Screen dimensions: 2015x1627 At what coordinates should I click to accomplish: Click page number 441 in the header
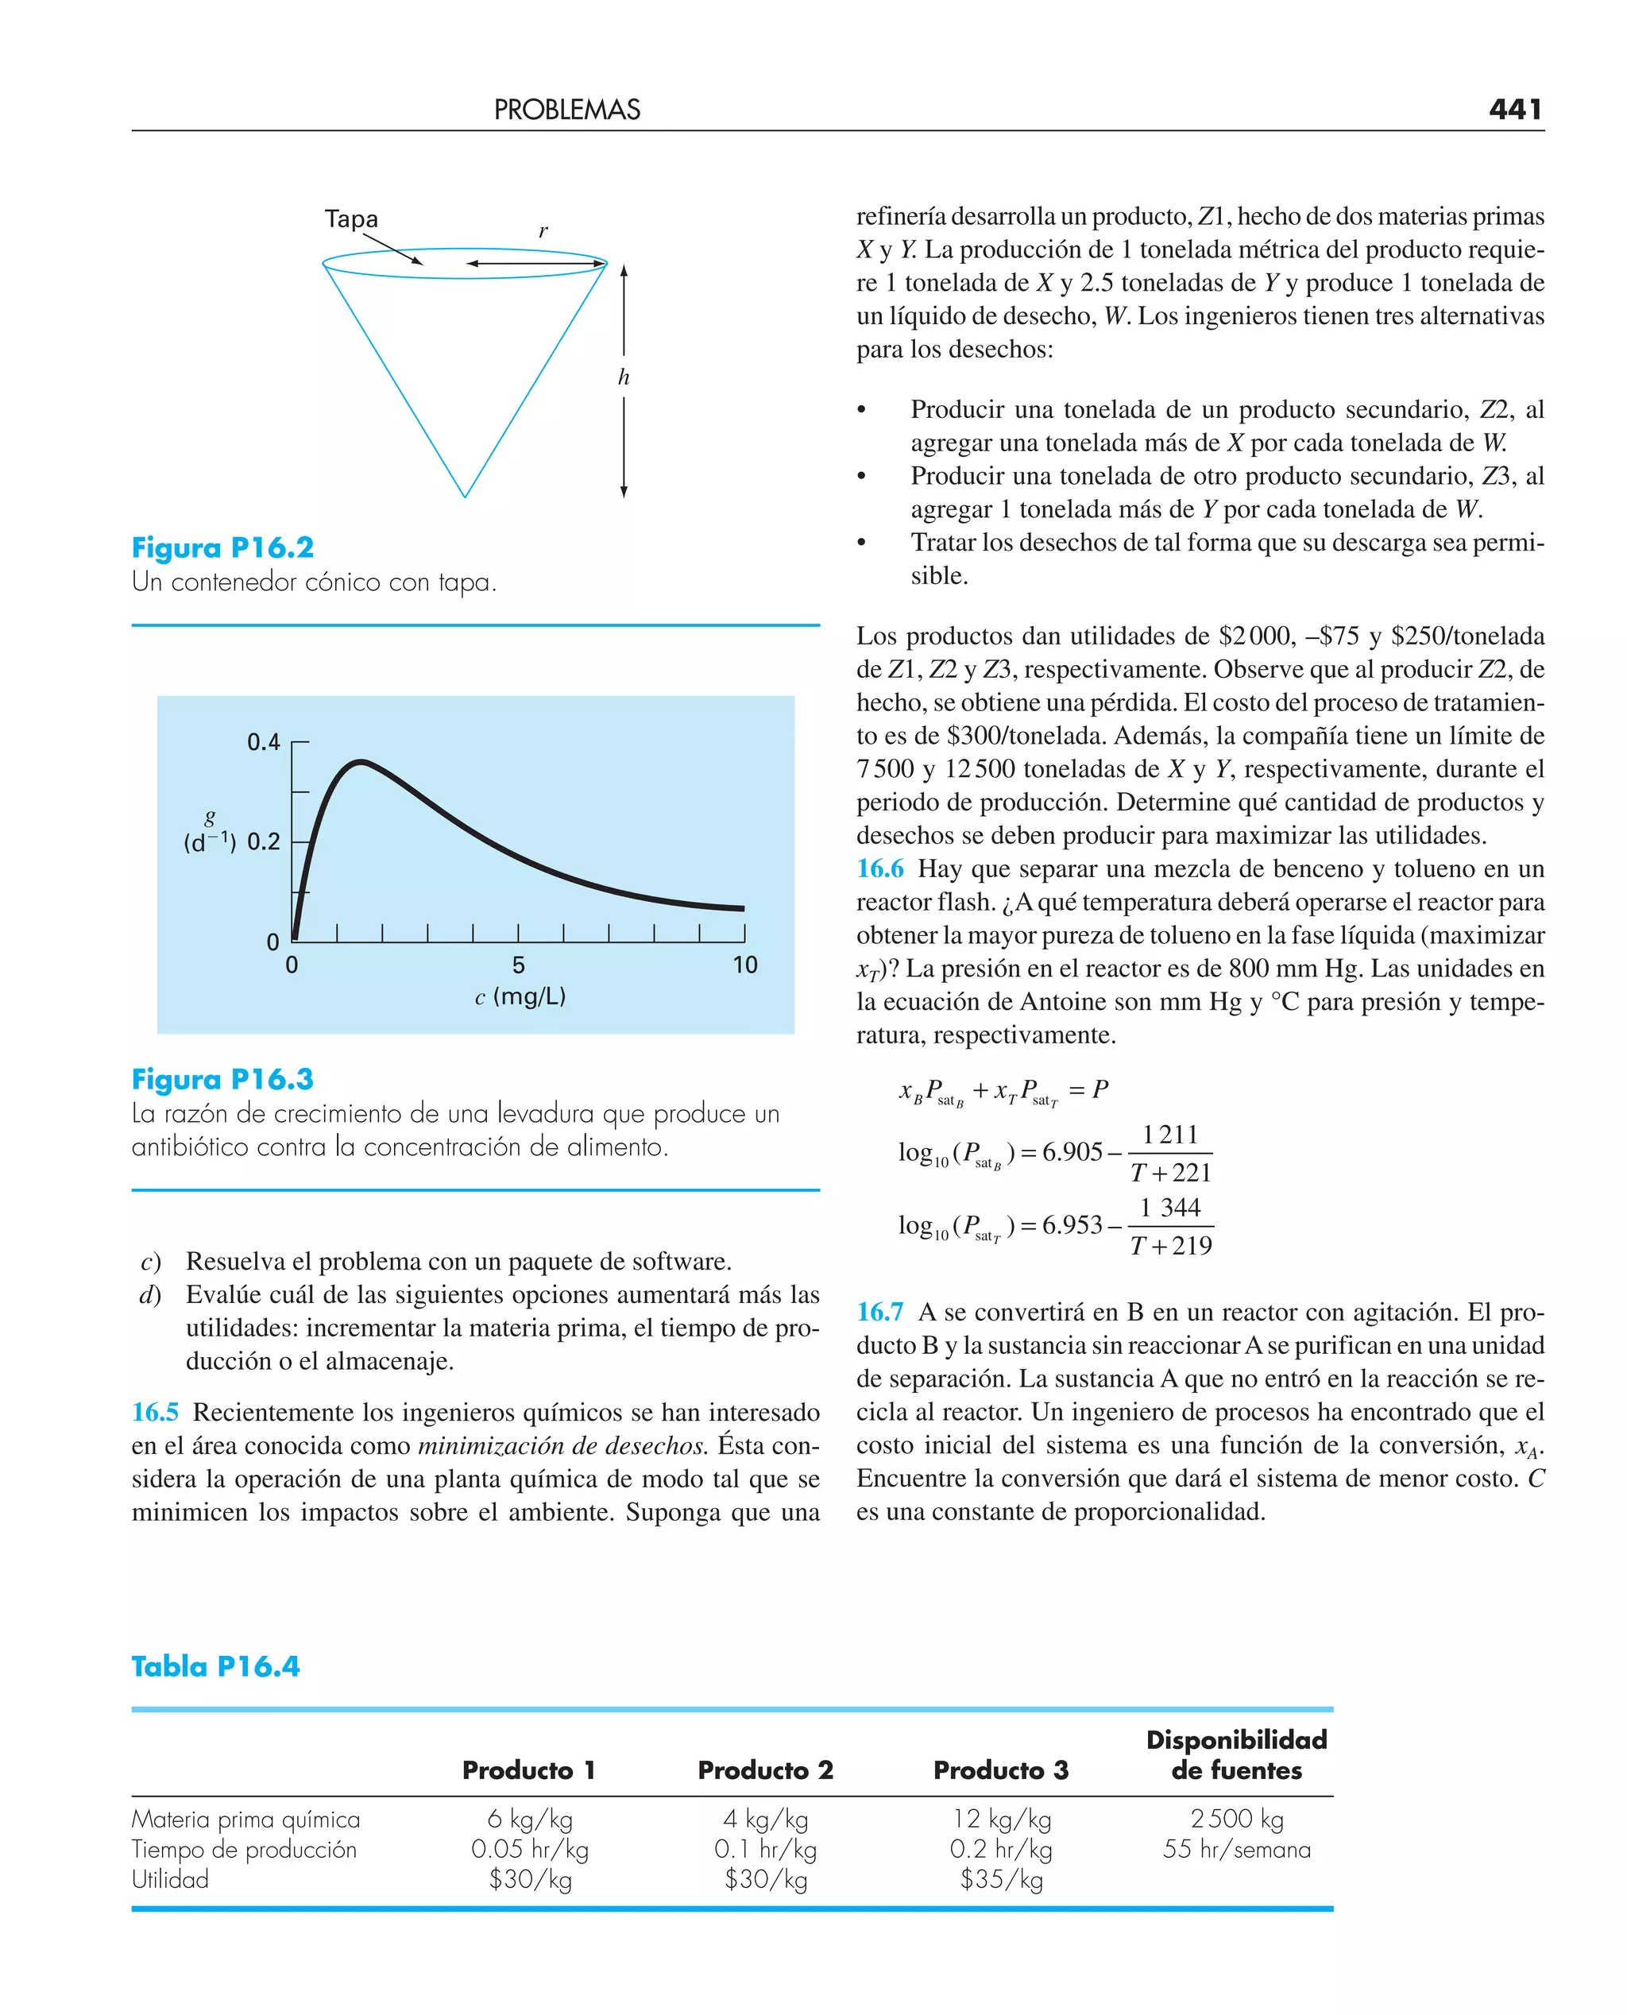(x=1514, y=110)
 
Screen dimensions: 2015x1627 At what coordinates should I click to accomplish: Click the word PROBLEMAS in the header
(x=567, y=110)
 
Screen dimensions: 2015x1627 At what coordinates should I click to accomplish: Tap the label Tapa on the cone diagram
(x=351, y=219)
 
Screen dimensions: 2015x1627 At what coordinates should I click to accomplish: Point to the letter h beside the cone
(x=624, y=377)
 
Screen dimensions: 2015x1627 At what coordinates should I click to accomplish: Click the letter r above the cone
(x=543, y=230)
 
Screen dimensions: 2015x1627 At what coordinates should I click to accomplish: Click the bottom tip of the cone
(x=465, y=496)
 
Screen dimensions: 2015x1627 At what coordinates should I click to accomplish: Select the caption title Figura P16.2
(x=222, y=547)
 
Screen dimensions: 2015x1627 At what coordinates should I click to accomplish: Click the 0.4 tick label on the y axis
(x=264, y=742)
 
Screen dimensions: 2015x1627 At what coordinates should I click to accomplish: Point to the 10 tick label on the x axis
(x=744, y=965)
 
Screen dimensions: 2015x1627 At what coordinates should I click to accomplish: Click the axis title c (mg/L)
(x=520, y=996)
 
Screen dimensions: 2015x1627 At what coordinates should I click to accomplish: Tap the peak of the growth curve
(x=361, y=762)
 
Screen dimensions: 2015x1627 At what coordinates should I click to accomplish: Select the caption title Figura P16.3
(x=222, y=1079)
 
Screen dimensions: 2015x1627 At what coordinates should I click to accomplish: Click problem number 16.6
(x=879, y=868)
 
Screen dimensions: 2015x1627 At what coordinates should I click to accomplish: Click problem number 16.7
(x=879, y=1312)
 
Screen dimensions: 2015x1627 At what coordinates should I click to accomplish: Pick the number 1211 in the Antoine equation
(x=1169, y=1135)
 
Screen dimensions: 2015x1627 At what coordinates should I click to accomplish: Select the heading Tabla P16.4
(x=215, y=1665)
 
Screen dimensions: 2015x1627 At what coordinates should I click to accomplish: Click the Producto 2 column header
(x=765, y=1769)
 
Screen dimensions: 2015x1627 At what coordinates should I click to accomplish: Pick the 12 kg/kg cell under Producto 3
(x=1001, y=1819)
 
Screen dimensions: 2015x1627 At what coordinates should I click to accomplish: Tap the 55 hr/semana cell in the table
(x=1236, y=1849)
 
